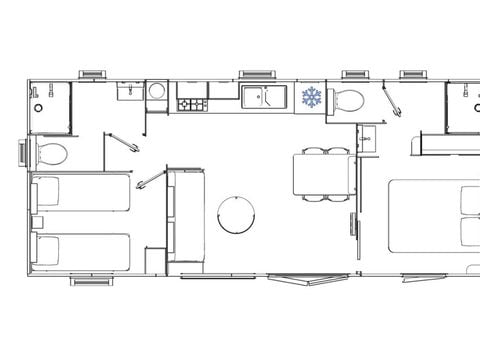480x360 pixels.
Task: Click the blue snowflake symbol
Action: coord(312,98)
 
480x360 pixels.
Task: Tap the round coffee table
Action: coord(236,213)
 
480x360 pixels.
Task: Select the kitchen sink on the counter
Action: coord(254,97)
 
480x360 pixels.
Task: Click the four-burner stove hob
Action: coord(191,103)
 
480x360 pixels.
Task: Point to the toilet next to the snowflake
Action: coord(347,99)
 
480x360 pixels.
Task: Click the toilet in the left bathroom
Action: coord(49,154)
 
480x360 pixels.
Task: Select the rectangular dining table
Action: coord(321,176)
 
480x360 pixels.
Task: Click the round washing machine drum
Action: coord(156,92)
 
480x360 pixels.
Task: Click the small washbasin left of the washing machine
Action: coord(128,92)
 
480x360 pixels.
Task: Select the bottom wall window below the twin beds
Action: coord(91,281)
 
